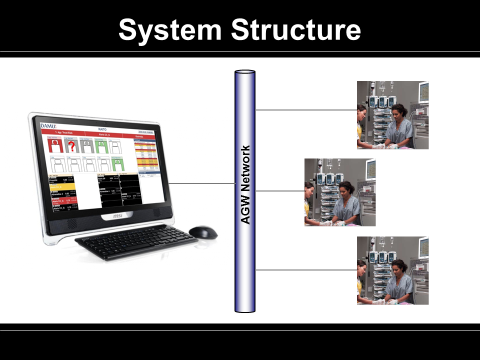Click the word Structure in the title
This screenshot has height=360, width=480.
point(296,29)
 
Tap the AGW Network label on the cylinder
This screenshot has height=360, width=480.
point(245,185)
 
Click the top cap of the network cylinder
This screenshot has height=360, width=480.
point(245,73)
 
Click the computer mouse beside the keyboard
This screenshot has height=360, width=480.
point(203,232)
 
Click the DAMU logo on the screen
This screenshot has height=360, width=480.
point(48,125)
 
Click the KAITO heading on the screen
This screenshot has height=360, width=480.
point(102,129)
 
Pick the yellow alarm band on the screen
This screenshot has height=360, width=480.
point(62,186)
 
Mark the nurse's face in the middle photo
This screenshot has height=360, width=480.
point(344,188)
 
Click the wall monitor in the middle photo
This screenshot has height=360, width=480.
point(370,169)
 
